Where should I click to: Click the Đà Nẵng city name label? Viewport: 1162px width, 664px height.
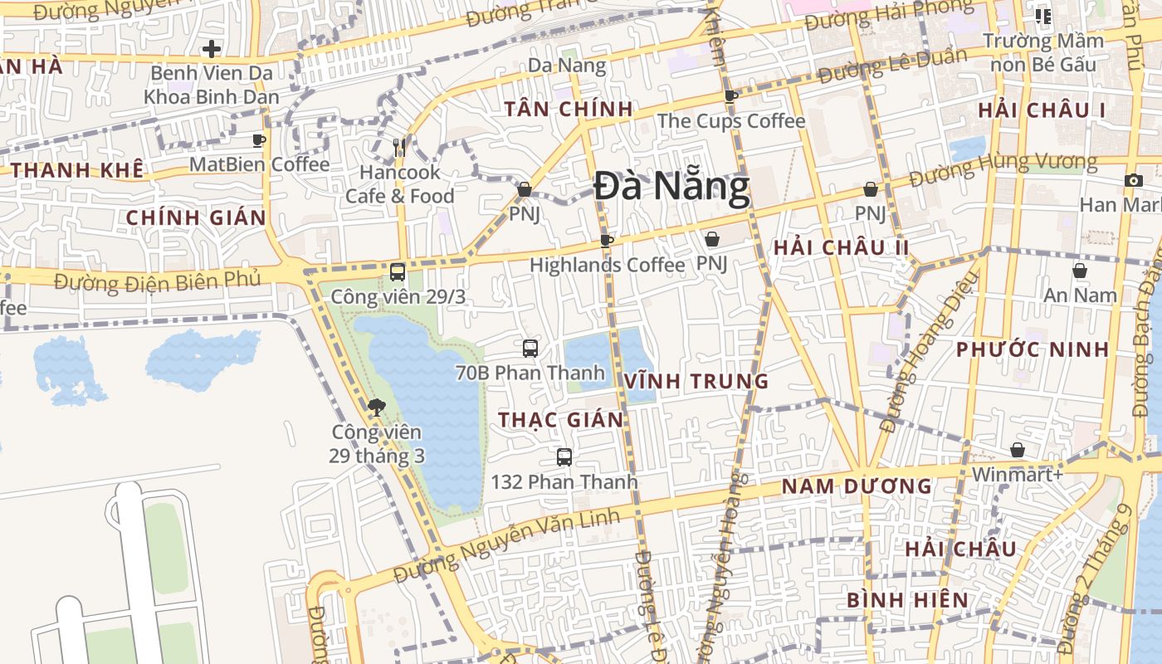(x=671, y=188)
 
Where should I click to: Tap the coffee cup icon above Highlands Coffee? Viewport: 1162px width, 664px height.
(x=607, y=241)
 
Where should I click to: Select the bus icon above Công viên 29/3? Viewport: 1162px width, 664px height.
(x=398, y=271)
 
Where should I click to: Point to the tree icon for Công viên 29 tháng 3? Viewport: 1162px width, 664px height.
(x=376, y=407)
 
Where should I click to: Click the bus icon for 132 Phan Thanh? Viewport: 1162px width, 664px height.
(x=564, y=456)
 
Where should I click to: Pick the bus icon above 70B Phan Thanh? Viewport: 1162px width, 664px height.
(x=530, y=348)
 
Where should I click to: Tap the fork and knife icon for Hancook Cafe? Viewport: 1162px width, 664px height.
(x=399, y=148)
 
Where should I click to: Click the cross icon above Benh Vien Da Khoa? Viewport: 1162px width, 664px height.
(x=212, y=49)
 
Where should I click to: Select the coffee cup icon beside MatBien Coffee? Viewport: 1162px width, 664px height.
(x=259, y=140)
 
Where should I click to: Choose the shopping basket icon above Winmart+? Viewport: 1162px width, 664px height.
(x=1018, y=450)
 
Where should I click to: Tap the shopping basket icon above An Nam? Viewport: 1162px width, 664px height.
(x=1080, y=271)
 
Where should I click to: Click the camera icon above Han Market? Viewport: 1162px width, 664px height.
(x=1134, y=180)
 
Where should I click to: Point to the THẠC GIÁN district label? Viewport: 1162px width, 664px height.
(x=561, y=420)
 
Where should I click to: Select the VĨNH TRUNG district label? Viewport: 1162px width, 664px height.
(x=697, y=382)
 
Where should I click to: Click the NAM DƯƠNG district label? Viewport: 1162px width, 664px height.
(x=857, y=486)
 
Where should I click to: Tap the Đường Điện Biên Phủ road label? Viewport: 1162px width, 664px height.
(x=158, y=281)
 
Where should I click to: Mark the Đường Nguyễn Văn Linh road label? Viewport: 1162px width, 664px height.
(x=506, y=546)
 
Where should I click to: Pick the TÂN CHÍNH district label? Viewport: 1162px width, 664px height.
(x=569, y=109)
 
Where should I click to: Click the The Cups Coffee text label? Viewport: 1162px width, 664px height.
(x=731, y=121)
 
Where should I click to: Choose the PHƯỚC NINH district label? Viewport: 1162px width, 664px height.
(x=1033, y=349)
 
